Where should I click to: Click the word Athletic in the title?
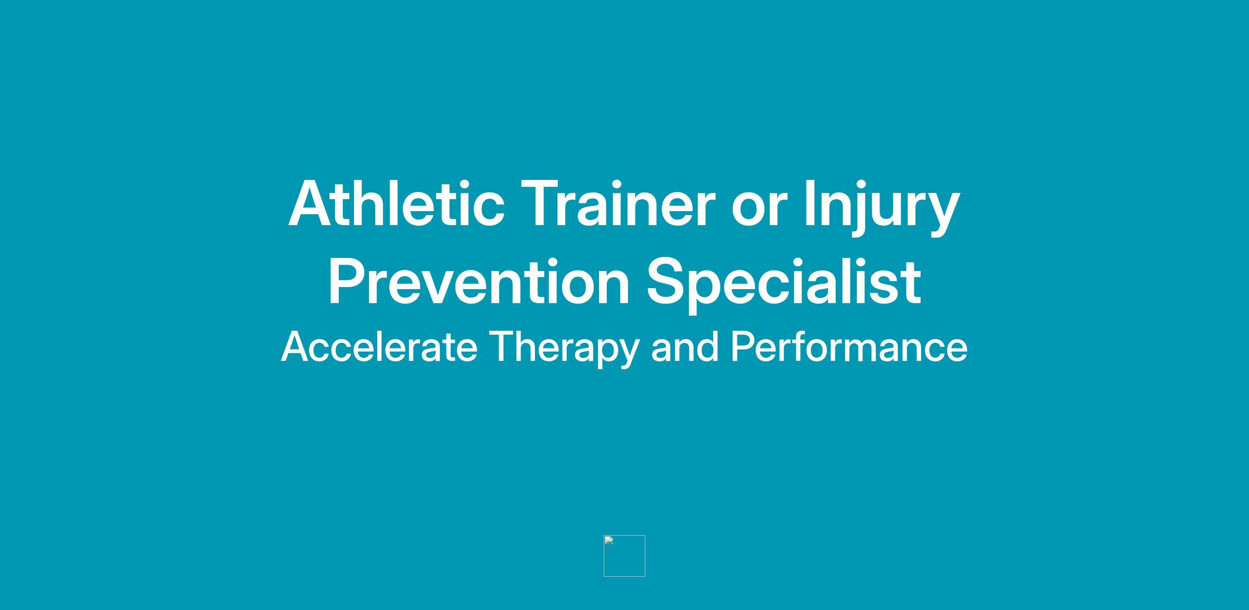(x=397, y=203)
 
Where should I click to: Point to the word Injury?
(x=882, y=206)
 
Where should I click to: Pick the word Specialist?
(x=784, y=284)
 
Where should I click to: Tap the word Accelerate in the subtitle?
(x=379, y=346)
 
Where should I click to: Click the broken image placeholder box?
(x=624, y=536)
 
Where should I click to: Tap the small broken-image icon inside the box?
(x=609, y=540)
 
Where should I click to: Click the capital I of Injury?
(x=809, y=203)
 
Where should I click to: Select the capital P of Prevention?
(x=349, y=281)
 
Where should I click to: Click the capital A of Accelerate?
(x=296, y=346)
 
